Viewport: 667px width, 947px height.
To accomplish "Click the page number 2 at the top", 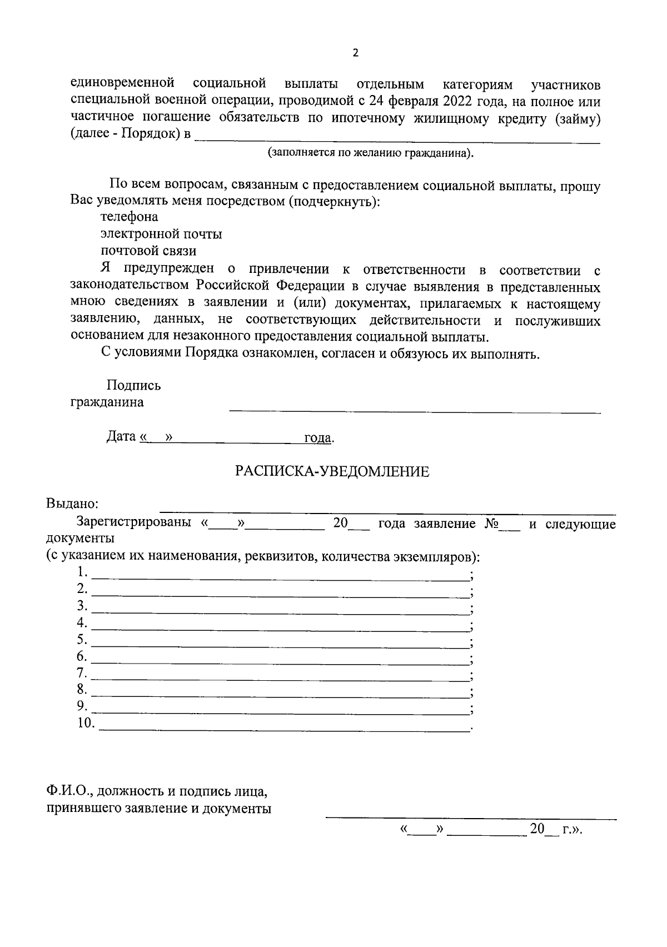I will pos(356,53).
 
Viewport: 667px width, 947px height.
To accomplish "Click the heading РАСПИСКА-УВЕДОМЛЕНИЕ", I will pos(332,471).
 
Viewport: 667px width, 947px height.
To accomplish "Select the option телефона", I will pos(129,217).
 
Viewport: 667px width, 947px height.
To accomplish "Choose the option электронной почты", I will pos(161,234).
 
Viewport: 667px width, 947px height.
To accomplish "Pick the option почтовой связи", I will pos(148,251).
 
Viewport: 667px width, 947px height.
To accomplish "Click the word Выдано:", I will pos(72,504).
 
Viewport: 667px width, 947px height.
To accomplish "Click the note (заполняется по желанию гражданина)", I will pos(371,152).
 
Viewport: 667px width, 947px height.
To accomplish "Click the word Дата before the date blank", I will pos(121,436).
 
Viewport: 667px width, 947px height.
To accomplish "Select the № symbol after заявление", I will pos(490,524).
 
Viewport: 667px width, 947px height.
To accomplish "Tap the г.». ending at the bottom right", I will pos(572,830).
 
